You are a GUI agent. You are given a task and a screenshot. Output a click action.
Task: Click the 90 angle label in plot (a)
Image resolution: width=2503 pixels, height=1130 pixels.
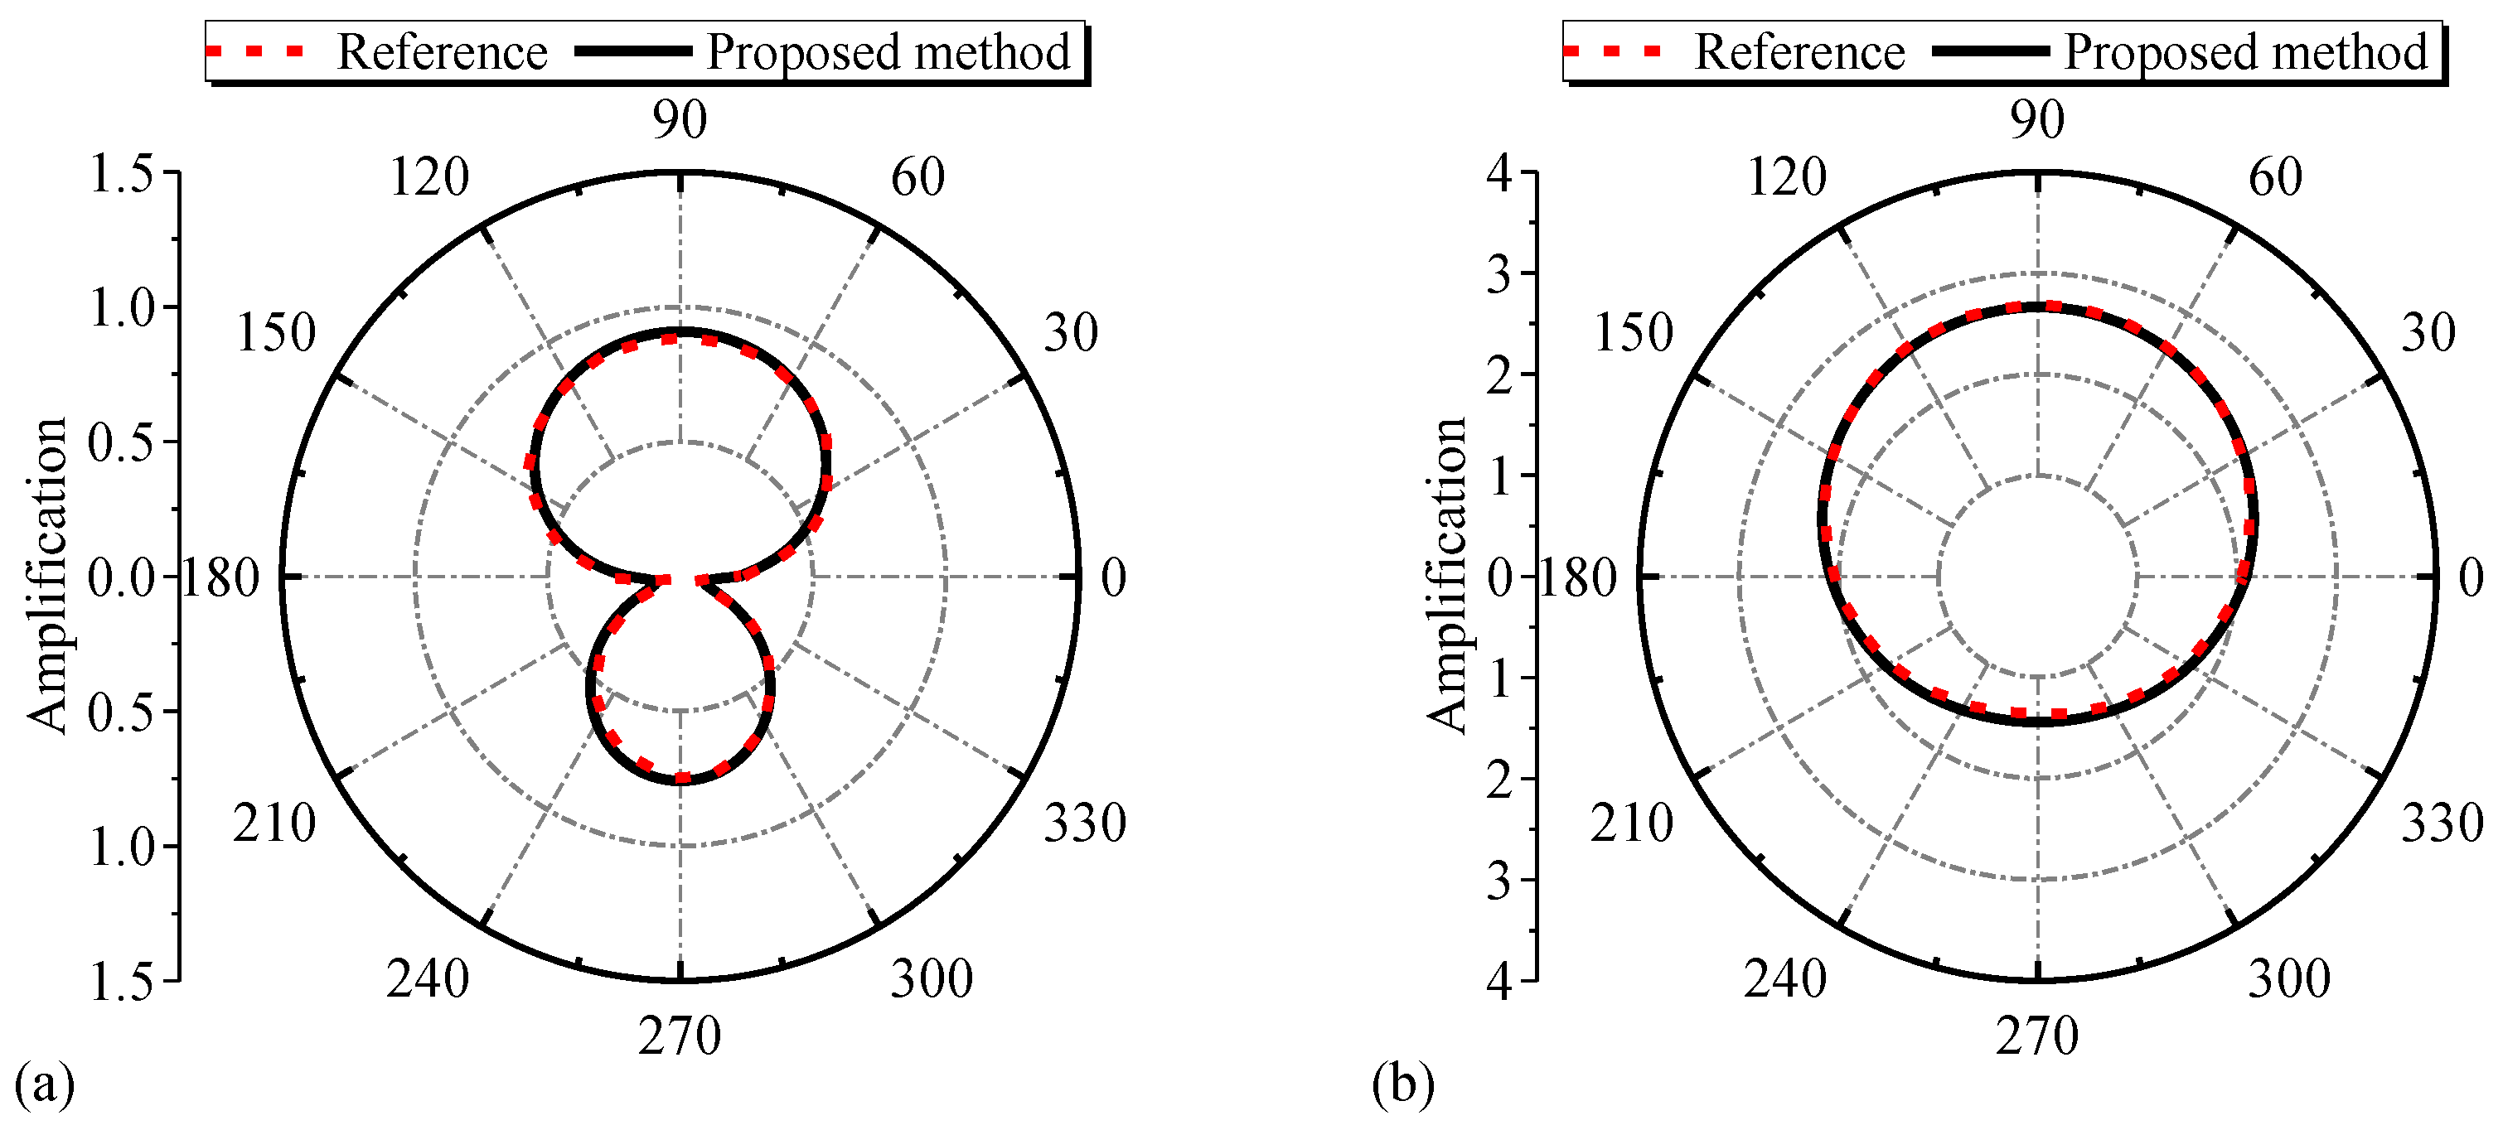point(679,120)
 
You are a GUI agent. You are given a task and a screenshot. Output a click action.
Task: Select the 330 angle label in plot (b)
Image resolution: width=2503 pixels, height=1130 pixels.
point(2442,823)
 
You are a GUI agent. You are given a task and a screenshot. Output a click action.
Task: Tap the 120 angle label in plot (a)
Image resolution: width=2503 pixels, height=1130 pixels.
point(428,178)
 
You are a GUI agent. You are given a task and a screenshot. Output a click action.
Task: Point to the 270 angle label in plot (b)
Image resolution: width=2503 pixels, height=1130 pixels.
point(2037,1036)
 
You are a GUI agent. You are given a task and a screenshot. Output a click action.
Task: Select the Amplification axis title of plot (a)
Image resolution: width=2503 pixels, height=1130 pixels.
point(46,575)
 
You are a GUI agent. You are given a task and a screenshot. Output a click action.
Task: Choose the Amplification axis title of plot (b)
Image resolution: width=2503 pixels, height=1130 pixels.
point(1447,575)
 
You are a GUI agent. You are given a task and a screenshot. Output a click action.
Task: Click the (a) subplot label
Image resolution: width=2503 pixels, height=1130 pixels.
point(45,1083)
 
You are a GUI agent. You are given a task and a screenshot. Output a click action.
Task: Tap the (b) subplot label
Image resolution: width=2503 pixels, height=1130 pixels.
point(1403,1083)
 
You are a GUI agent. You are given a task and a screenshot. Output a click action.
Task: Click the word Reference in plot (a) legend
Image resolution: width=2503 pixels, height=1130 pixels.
point(441,51)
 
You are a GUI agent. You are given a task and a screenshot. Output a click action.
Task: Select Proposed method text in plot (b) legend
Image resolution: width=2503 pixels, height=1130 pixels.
point(2245,51)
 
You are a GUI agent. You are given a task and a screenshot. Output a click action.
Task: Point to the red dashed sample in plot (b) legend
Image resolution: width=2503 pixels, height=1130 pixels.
point(1613,51)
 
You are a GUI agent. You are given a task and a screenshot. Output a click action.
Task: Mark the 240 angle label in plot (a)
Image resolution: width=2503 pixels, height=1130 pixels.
point(428,978)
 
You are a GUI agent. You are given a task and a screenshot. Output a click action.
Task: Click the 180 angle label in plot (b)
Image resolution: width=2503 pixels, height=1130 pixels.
point(1577,579)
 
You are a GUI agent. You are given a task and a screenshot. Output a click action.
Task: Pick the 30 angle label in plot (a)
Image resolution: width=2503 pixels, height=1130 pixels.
point(1071,333)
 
